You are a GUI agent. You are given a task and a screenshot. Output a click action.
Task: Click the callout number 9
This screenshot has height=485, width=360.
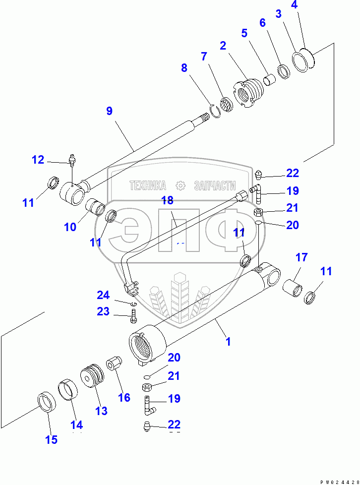(x=109, y=111)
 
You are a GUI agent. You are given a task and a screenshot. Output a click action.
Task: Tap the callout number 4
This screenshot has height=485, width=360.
(x=294, y=5)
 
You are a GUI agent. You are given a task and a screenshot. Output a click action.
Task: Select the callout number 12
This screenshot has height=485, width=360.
(x=38, y=160)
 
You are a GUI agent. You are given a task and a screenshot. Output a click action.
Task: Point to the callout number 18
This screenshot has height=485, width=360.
(x=167, y=200)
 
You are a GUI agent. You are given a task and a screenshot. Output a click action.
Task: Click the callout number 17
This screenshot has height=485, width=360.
(x=301, y=257)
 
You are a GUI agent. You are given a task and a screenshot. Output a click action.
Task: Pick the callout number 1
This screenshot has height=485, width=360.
(x=228, y=342)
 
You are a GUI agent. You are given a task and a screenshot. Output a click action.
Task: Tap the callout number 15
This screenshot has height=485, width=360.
(x=52, y=439)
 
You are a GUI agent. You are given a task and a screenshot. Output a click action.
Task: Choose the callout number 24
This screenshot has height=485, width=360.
(x=103, y=295)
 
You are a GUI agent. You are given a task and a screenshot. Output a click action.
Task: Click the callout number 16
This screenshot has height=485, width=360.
(x=124, y=397)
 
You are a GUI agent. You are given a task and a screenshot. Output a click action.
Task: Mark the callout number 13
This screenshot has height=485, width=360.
(x=101, y=411)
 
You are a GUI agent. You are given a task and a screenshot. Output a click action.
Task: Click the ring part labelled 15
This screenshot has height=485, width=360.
(x=47, y=402)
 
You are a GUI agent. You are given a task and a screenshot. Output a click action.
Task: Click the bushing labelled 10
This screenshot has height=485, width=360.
(x=95, y=207)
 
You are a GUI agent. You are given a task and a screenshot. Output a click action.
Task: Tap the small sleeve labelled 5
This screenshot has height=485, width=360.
(x=269, y=79)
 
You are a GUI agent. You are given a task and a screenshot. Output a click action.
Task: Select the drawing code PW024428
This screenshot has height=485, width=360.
(x=339, y=482)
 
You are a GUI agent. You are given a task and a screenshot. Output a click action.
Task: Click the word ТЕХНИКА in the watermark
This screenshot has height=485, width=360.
(x=148, y=185)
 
